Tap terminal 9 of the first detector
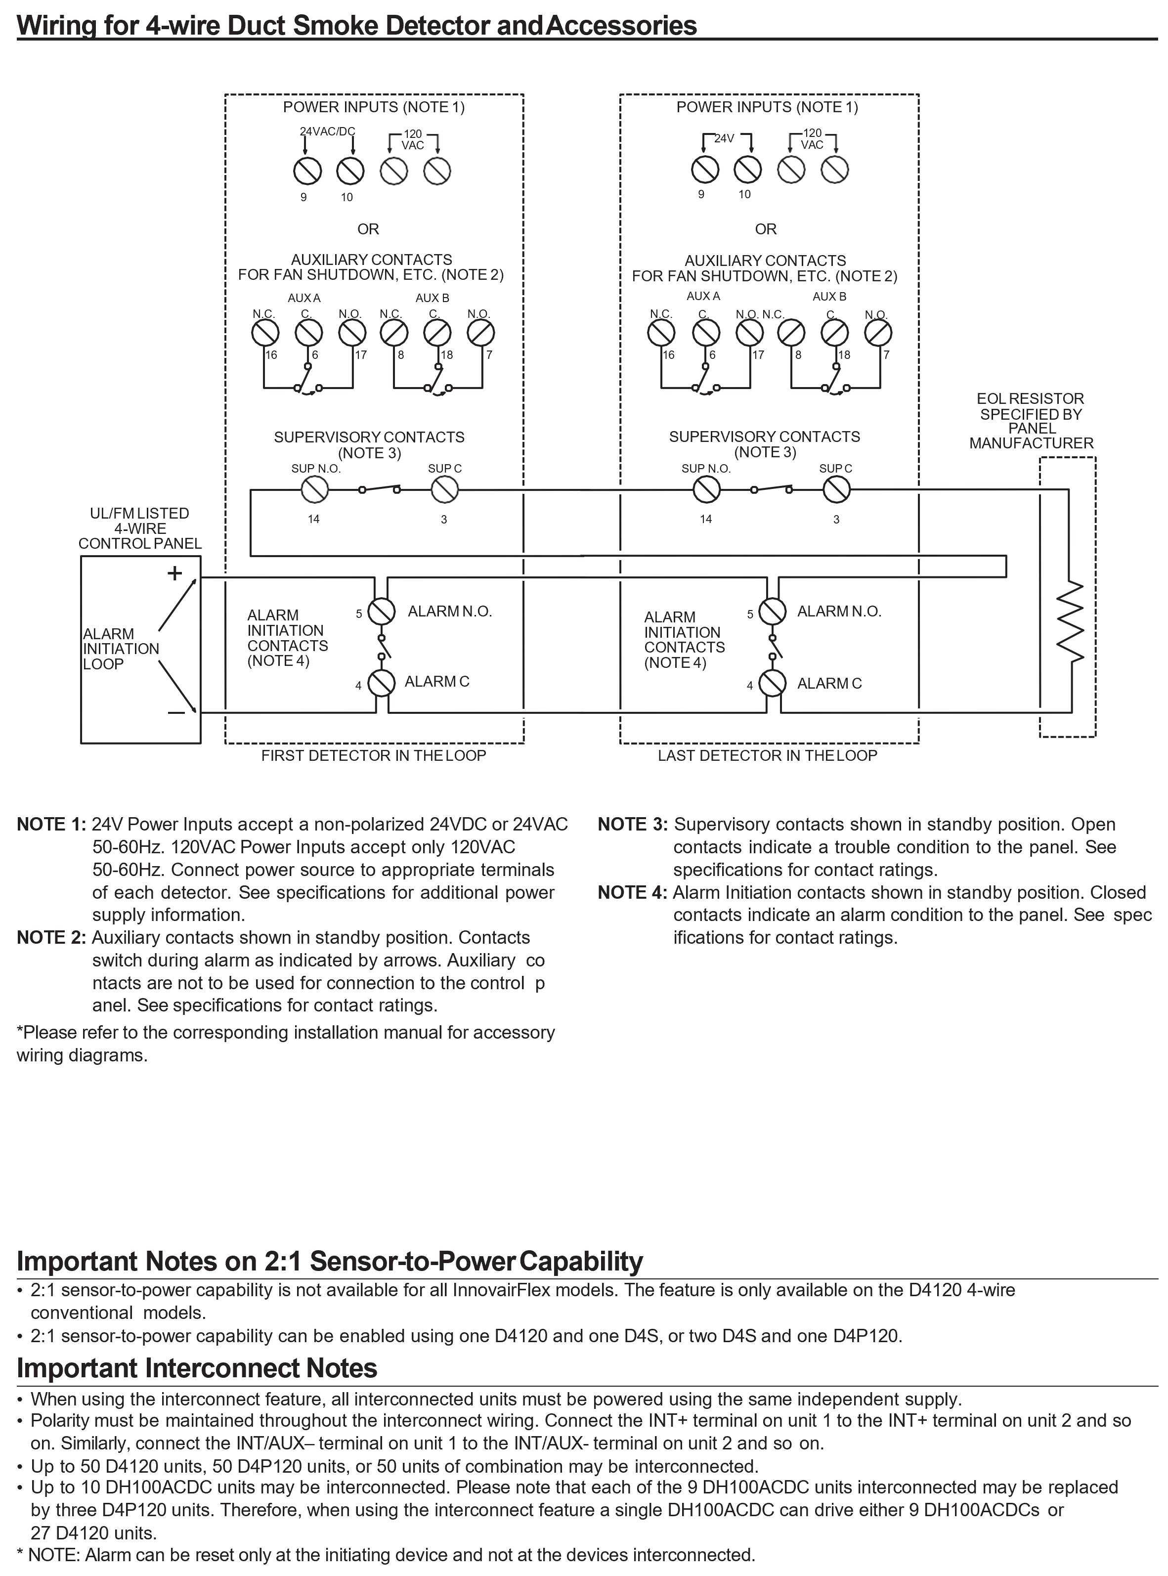(x=307, y=171)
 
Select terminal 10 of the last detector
(x=748, y=169)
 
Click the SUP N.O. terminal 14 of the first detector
(x=315, y=489)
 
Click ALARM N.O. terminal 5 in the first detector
(x=383, y=612)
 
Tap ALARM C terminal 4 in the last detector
(x=773, y=683)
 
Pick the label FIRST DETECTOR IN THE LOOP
(x=373, y=756)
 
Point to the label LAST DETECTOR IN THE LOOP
(x=767, y=756)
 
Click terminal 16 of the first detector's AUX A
(x=265, y=332)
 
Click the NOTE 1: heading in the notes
(x=51, y=825)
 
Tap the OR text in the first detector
(x=368, y=229)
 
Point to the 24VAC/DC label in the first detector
(x=327, y=132)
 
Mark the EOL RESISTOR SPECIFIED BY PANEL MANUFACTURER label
(x=1031, y=421)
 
